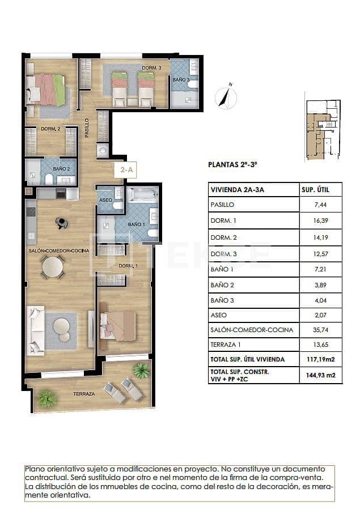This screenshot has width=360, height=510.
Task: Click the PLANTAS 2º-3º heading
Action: [x=233, y=165]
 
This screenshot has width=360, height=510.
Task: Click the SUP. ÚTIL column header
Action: [x=320, y=190]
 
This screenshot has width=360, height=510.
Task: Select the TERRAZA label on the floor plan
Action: [x=83, y=393]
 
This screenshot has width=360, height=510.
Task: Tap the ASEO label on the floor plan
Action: [x=105, y=201]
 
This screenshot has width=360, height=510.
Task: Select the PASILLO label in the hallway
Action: [x=87, y=128]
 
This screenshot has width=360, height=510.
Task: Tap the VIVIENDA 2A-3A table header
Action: [x=236, y=190]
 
